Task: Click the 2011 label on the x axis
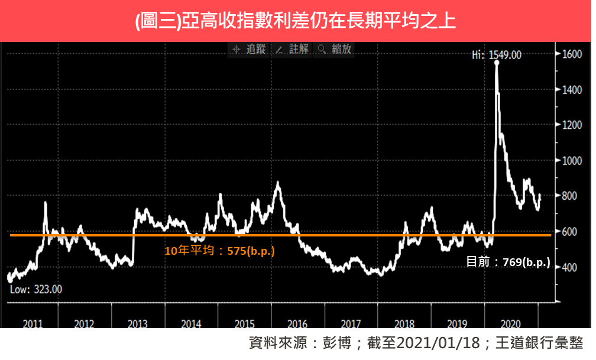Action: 33,325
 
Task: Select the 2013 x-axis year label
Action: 138,325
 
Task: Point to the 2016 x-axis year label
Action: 297,325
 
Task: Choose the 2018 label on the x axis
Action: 404,325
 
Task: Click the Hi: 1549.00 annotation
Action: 496,55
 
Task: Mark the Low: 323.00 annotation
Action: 35,289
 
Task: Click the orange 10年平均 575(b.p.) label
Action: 219,251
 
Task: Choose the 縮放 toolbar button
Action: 335,50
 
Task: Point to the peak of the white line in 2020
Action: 497,63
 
